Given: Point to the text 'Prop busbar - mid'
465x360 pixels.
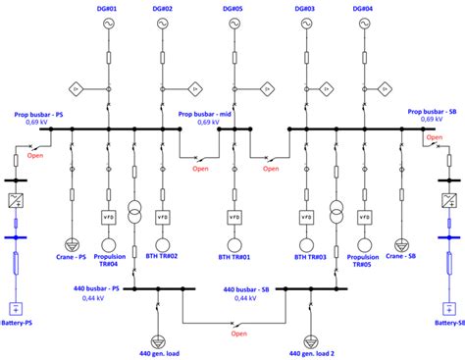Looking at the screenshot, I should pyautogui.click(x=209, y=113).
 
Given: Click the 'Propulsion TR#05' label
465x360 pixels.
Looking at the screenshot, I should pyautogui.click(x=364, y=262).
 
